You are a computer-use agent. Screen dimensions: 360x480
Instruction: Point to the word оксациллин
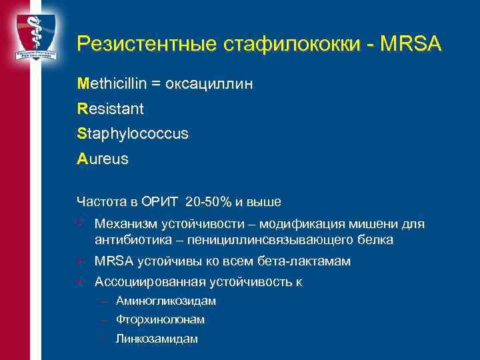coord(213,84)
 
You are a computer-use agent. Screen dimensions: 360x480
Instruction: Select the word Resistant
coord(110,109)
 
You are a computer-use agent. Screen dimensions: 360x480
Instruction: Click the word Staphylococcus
coord(133,133)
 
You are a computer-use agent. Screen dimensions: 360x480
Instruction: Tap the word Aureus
coord(103,160)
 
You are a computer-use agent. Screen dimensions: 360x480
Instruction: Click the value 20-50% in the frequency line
coord(210,201)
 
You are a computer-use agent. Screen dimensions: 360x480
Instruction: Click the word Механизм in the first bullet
coord(124,225)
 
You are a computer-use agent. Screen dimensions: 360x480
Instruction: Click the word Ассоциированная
coord(142,282)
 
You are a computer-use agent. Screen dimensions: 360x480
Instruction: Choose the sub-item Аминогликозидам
coord(166,301)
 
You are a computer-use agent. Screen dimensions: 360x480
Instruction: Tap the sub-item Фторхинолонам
coord(161,319)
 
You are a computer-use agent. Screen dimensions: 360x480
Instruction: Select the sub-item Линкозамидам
coord(157,339)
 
